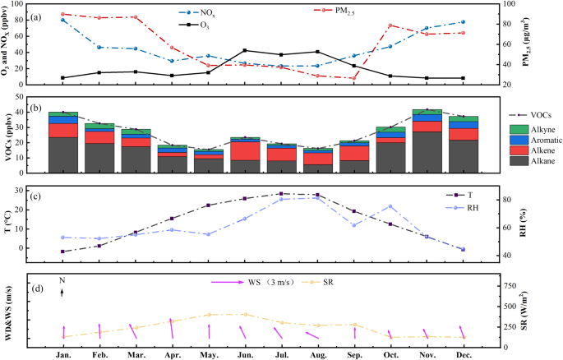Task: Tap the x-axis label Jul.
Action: (280, 353)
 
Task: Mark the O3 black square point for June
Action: (245, 50)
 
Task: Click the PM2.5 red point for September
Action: (353, 79)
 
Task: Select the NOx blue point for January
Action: (63, 20)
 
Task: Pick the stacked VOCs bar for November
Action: (426, 141)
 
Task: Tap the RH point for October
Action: (390, 206)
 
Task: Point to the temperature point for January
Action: (63, 252)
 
